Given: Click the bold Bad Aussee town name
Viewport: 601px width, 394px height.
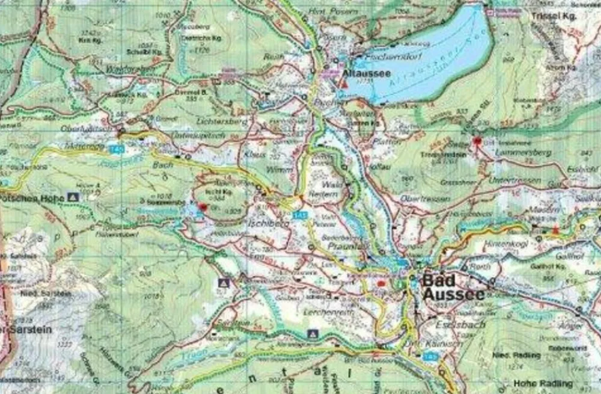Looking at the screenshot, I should click(453, 287).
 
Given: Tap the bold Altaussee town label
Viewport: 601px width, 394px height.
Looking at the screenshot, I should click(367, 73).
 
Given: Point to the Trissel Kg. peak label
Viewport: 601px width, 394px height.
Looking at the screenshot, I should click(554, 16).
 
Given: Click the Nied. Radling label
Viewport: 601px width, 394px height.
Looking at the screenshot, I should click(507, 355).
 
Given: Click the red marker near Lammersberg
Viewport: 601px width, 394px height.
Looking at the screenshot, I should click(478, 141).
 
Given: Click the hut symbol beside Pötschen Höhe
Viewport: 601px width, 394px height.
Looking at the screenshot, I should click(74, 197).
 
